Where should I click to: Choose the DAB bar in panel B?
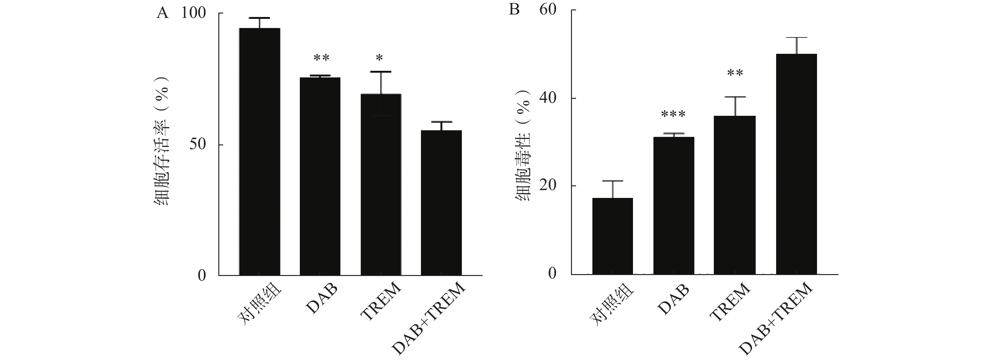[674, 205]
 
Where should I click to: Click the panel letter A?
[162, 14]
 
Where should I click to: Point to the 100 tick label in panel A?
[193, 14]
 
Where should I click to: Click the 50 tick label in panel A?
[198, 145]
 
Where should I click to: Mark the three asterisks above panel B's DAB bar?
[673, 114]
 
